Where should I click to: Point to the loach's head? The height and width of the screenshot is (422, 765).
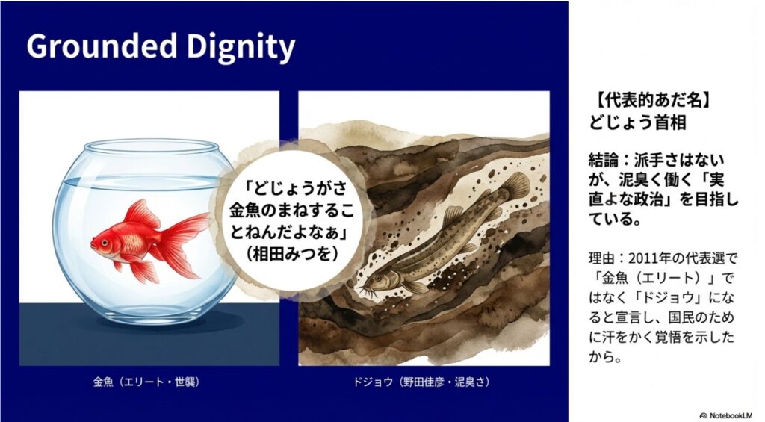[378, 281]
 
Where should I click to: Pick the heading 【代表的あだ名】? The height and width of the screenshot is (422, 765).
[637, 101]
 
